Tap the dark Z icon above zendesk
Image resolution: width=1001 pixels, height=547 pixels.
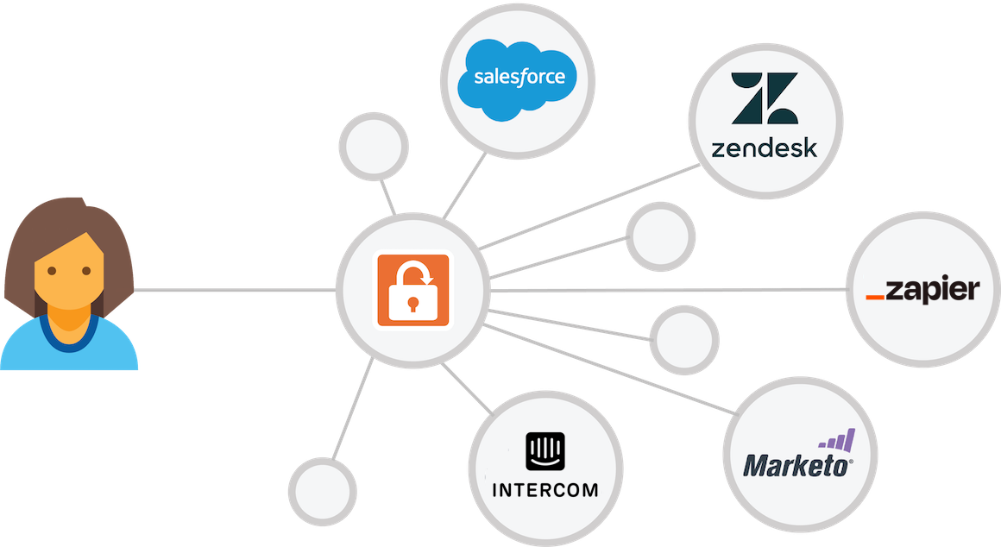[x=764, y=97]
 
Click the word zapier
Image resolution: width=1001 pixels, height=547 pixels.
[x=933, y=290]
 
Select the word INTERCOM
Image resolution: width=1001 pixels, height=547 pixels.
[x=545, y=491]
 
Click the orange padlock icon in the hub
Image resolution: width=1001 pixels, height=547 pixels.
[x=412, y=289]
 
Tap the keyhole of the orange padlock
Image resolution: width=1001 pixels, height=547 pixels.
[x=412, y=304]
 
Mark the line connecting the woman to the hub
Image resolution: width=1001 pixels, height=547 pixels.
[x=233, y=291]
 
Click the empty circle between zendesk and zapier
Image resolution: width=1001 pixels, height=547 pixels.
[x=660, y=236]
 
